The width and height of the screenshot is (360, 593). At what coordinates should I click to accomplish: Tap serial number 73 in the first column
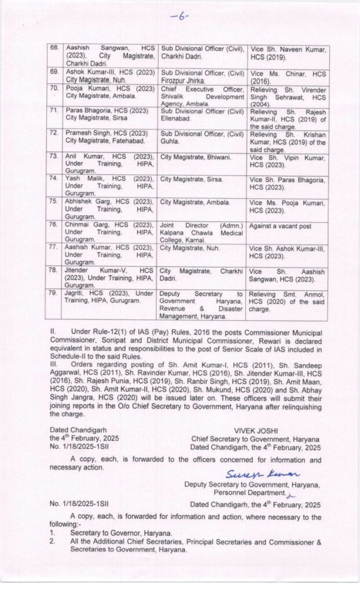[x=54, y=156]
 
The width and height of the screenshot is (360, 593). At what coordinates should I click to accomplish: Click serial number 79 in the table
[x=54, y=294]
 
